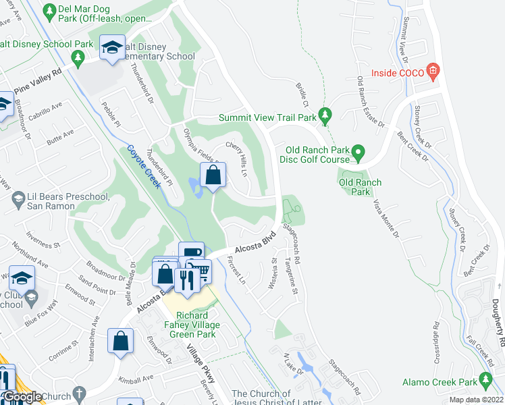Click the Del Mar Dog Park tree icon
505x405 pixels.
pyautogui.click(x=49, y=11)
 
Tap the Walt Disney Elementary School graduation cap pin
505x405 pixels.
pyautogui.click(x=112, y=47)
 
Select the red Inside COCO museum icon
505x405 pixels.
pyautogui.click(x=433, y=72)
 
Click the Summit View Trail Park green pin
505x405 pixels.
pyautogui.click(x=326, y=117)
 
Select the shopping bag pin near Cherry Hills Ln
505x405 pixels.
pyautogui.click(x=213, y=175)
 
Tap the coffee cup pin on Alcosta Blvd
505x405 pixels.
pyautogui.click(x=191, y=254)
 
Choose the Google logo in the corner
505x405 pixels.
pyautogui.click(x=22, y=398)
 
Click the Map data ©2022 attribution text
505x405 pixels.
pyautogui.click(x=476, y=400)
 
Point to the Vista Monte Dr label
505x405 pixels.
pyautogui.click(x=383, y=216)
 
